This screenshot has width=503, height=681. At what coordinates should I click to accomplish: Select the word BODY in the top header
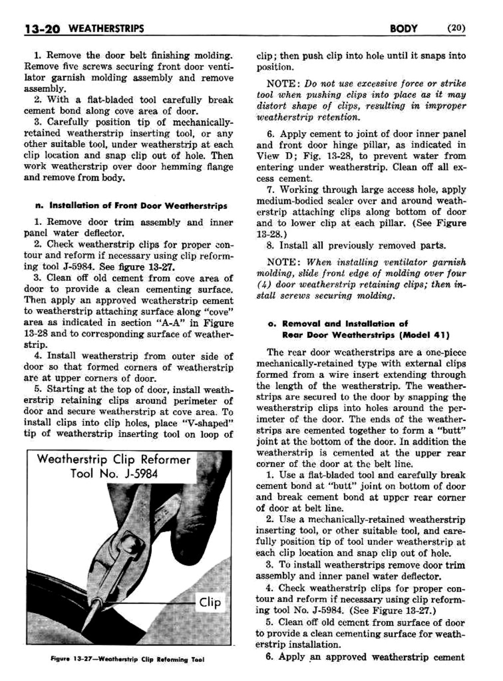click(x=404, y=29)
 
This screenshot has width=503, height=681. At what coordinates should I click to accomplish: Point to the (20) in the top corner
click(x=456, y=29)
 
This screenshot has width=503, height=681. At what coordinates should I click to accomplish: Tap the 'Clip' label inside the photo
click(x=210, y=602)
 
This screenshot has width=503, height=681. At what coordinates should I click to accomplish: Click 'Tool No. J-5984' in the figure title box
click(x=114, y=474)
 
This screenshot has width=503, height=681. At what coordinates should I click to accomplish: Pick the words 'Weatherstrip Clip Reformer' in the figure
click(x=113, y=460)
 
